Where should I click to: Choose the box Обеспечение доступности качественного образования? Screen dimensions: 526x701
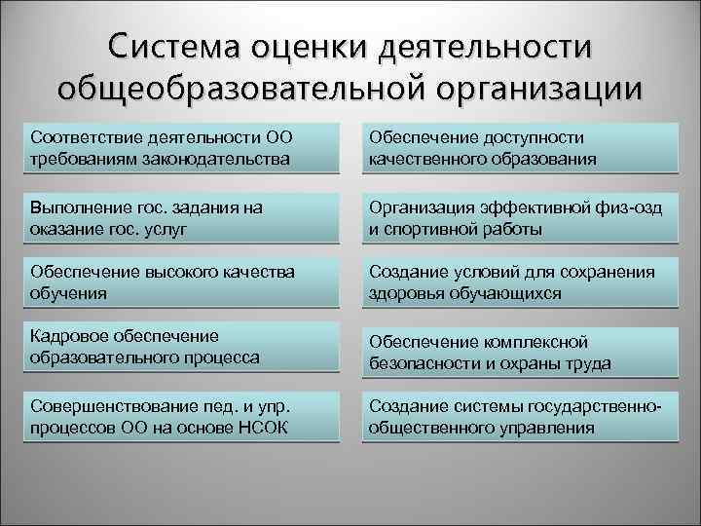pos(521,148)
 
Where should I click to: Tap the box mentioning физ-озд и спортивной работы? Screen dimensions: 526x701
pos(521,218)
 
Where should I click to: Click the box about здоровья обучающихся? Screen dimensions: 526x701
pos(521,282)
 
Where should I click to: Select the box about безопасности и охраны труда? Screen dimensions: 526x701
pos(521,353)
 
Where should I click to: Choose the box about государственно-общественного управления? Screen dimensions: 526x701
pos(521,417)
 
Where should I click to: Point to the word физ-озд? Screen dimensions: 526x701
pos(612,208)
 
